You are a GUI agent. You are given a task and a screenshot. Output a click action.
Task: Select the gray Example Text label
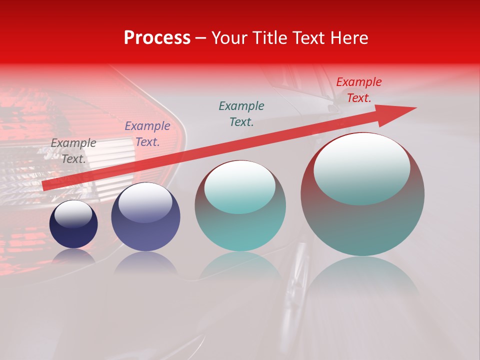(73, 151)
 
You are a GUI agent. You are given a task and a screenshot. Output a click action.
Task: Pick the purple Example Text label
(147, 134)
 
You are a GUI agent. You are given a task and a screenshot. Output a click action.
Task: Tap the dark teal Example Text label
(241, 114)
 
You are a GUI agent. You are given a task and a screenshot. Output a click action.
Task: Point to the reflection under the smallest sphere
(73, 255)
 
